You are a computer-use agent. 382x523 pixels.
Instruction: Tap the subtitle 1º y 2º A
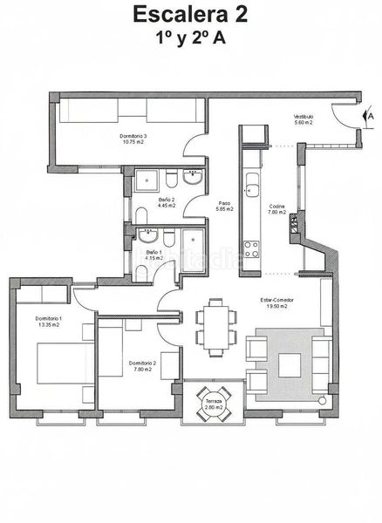[189, 38]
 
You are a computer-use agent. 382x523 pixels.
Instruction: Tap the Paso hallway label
[222, 201]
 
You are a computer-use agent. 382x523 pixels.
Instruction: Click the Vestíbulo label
[303, 116]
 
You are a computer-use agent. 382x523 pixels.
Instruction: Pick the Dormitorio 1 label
[49, 319]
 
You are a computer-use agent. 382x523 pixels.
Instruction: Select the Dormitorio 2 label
[141, 363]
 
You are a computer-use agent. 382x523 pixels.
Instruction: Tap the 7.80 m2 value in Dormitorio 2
[141, 370]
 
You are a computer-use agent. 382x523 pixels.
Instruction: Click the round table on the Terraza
[209, 404]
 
